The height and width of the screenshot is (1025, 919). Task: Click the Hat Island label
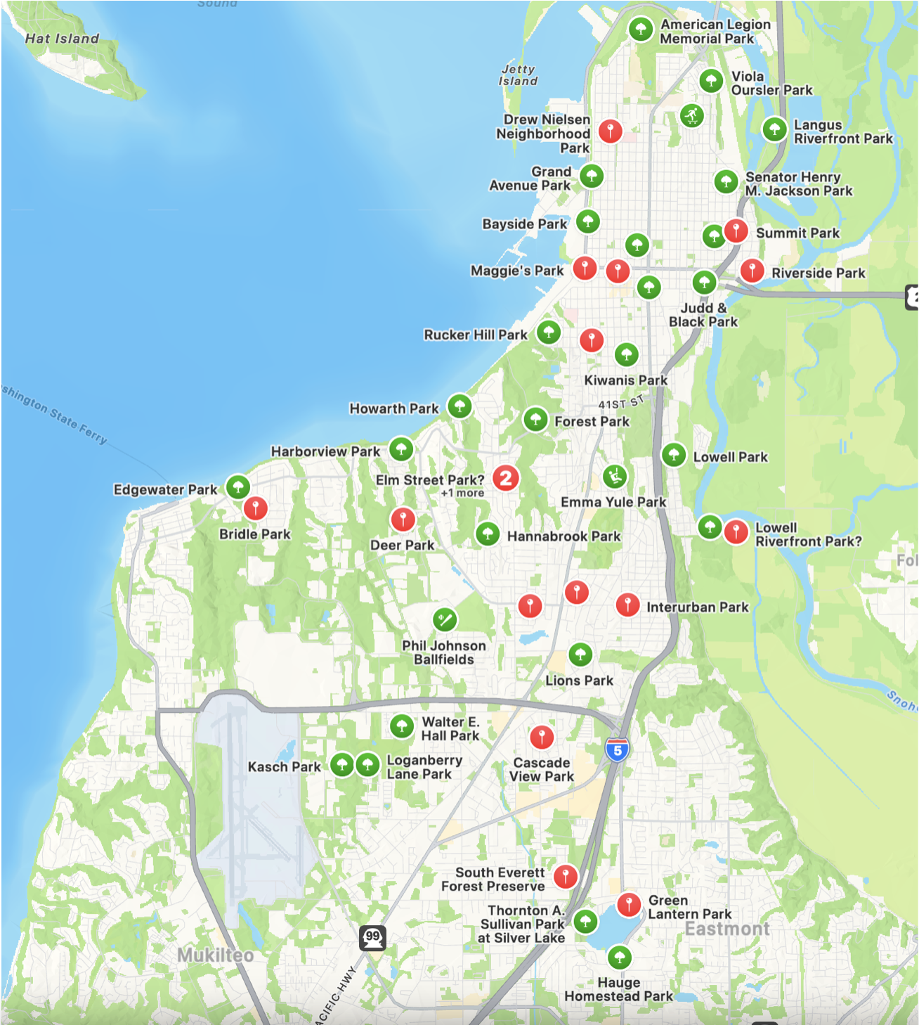pos(62,39)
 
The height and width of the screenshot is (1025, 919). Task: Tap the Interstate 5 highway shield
pos(617,750)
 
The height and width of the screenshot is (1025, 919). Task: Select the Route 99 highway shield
pos(372,937)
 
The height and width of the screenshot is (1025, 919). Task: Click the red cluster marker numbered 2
pos(506,478)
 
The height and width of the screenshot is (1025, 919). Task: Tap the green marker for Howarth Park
pos(459,406)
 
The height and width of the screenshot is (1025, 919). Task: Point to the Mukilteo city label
pos(215,955)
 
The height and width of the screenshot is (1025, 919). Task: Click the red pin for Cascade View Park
pos(542,737)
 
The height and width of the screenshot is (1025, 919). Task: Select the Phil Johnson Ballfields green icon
pos(445,619)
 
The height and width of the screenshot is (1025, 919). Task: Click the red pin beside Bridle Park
pos(255,508)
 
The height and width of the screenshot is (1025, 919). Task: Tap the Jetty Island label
pos(519,75)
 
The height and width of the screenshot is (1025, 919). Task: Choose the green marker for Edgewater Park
pos(238,486)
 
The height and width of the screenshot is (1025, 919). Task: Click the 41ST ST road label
pos(620,403)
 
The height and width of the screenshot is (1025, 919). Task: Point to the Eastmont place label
pos(727,929)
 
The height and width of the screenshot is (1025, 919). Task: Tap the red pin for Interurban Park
pos(627,604)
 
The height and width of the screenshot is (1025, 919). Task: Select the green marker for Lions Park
pos(580,655)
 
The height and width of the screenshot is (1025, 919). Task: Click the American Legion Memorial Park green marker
pos(640,30)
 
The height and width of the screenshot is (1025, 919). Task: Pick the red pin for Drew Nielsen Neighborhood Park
pos(610,131)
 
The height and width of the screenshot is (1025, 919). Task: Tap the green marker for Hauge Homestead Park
pos(619,956)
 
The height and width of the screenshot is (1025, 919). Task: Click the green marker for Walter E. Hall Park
pos(402,726)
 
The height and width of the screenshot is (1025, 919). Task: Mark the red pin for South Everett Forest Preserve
pos(566,876)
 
